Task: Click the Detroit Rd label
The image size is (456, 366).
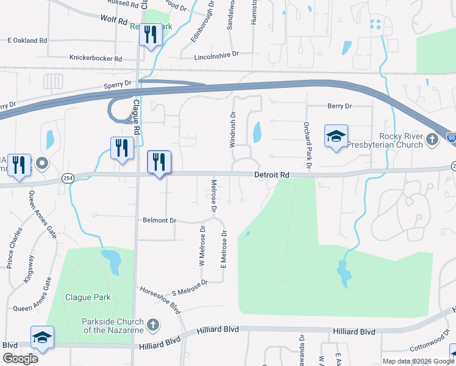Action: [271, 175]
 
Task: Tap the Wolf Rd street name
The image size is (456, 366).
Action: [113, 20]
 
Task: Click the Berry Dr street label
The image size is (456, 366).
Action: [340, 106]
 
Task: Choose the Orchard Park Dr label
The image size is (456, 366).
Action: [307, 145]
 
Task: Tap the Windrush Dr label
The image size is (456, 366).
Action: [232, 129]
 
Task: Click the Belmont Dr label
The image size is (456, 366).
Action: [159, 220]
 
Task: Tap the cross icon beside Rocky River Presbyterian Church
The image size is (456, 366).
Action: [432, 140]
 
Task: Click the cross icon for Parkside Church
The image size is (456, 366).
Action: [153, 325]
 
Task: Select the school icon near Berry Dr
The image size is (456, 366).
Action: [335, 137]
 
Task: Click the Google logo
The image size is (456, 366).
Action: [20, 358]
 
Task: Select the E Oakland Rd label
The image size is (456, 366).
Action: [27, 40]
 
